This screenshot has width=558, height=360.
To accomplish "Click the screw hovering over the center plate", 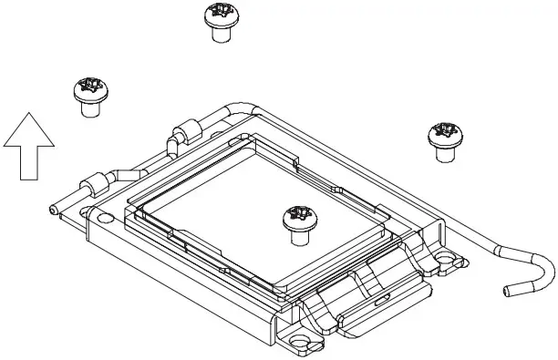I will tap(297, 224).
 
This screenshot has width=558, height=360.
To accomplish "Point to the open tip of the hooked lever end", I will tap(508, 291).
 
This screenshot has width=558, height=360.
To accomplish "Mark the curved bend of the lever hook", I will tap(547, 270).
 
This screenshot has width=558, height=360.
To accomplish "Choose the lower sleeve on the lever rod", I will tap(94, 184).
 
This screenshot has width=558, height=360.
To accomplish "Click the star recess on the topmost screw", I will tap(219, 12).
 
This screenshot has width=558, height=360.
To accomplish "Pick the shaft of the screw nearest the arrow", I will tap(90, 108).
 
